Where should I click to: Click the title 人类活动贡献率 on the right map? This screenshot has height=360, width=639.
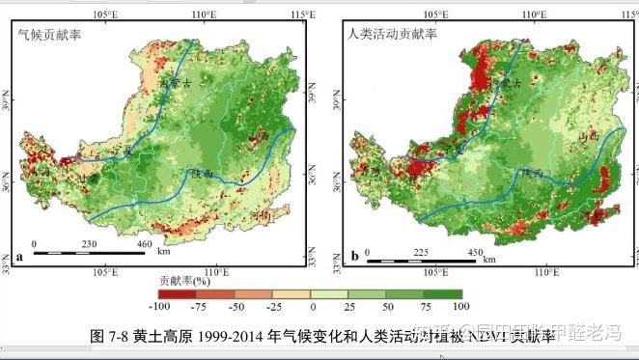pyautogui.click(x=392, y=33)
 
